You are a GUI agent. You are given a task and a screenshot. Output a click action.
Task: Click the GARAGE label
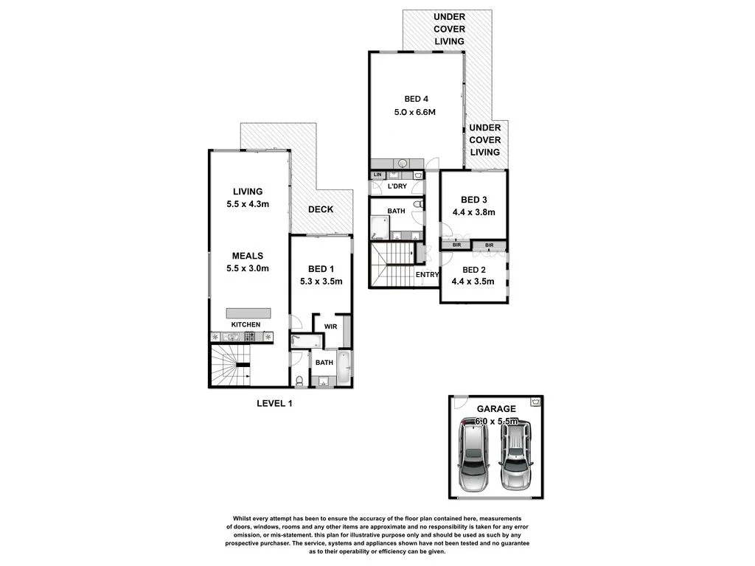coord(495,408)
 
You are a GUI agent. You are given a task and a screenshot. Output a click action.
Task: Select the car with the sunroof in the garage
coord(473,455)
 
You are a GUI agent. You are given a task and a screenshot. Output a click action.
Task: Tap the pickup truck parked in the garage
coord(516,455)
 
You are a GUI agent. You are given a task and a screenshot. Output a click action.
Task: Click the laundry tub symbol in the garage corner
coord(535,402)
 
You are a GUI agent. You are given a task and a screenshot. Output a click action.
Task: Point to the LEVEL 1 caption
coord(274,402)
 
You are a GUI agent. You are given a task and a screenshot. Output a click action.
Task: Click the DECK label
coord(320,209)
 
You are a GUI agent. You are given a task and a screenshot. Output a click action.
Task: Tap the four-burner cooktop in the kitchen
coord(250,338)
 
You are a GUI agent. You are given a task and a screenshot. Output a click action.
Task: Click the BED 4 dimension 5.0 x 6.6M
coord(417,113)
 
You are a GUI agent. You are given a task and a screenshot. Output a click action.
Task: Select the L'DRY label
coord(397,186)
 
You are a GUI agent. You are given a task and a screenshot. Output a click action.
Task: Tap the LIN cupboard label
coord(377,175)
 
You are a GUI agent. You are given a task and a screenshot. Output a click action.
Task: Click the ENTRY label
coord(428,275)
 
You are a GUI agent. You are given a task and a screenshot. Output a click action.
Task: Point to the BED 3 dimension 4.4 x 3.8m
coord(473,212)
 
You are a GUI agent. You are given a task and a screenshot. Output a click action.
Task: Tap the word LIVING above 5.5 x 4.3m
coord(248,192)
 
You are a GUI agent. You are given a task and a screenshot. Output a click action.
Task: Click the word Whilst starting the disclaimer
coord(245,519)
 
